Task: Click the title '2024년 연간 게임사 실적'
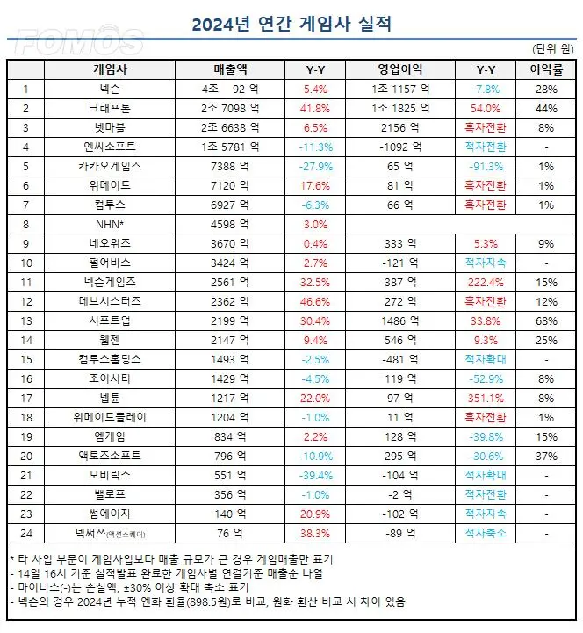pos(291,23)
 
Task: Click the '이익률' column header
pos(546,68)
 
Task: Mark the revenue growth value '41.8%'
pos(316,108)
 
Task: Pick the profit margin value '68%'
pos(546,320)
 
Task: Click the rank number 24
pos(27,531)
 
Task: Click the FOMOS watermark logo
pos(79,41)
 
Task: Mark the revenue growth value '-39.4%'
pos(316,475)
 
